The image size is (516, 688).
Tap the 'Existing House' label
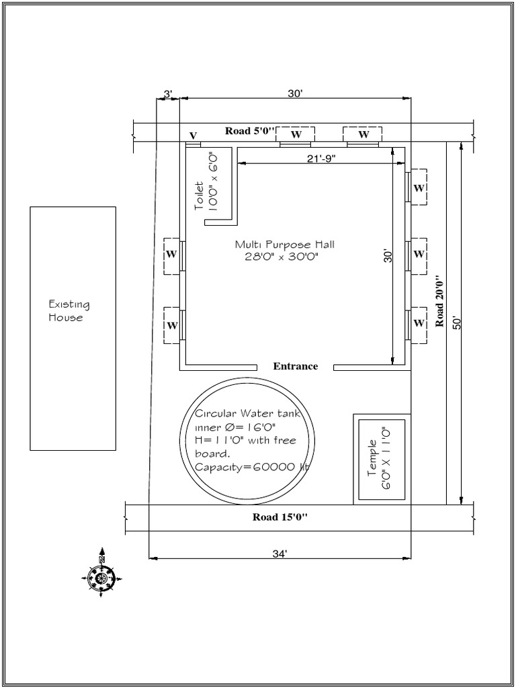[69, 310]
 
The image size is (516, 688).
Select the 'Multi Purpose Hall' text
[284, 245]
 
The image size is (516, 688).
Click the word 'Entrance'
[296, 366]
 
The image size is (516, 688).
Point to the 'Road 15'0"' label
[279, 517]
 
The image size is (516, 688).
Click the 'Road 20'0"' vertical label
[441, 300]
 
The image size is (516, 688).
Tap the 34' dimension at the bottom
[279, 554]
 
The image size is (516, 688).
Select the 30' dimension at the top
[296, 94]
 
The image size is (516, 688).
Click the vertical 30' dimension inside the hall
[388, 256]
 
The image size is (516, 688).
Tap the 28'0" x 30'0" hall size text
[281, 257]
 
